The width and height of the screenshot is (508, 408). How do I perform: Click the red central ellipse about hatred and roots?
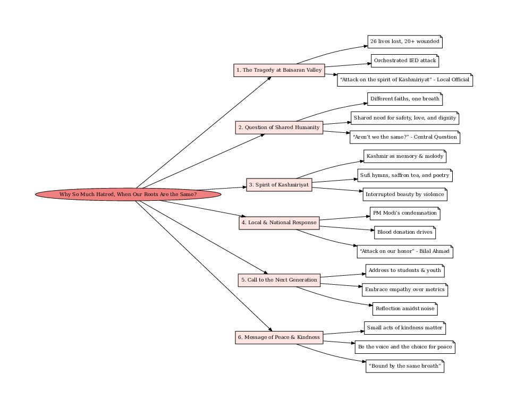tap(128, 194)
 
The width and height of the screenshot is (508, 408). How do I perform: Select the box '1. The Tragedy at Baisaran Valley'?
tap(279, 70)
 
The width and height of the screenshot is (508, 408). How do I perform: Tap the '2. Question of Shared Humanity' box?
tap(279, 127)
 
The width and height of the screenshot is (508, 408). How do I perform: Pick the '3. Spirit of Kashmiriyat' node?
tap(279, 185)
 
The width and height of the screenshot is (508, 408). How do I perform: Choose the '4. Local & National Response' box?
tap(279, 223)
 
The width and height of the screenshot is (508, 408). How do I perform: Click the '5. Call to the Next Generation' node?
tap(279, 280)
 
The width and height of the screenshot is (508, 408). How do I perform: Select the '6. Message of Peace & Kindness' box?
tap(279, 337)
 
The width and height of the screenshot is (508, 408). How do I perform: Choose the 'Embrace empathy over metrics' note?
tap(405, 290)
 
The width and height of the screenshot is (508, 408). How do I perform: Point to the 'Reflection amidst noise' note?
tap(405, 309)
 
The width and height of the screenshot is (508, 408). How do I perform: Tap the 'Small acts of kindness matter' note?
tap(404, 328)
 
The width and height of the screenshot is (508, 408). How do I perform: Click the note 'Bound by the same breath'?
tap(405, 367)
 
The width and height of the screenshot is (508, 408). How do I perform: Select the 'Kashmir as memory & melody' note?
tap(405, 156)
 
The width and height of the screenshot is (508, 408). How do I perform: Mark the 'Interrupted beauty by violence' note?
tap(405, 194)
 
